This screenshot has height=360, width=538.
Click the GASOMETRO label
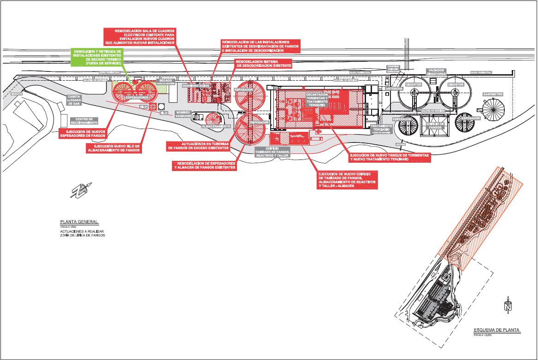[x=493, y=94]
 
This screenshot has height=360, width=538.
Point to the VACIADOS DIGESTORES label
[x=436, y=72]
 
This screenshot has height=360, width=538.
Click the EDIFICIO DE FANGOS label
[x=435, y=125]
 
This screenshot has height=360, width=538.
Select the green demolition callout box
[x=97, y=57]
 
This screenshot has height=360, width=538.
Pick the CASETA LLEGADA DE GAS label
[x=75, y=100]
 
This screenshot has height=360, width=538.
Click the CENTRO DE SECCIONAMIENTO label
[x=84, y=121]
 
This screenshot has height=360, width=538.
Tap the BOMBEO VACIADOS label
[x=183, y=114]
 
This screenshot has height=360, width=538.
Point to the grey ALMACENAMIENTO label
[x=216, y=126]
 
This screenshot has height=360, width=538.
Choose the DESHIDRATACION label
[x=196, y=86]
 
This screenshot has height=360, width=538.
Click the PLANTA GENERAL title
[x=79, y=222]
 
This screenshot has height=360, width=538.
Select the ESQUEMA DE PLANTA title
[x=497, y=330]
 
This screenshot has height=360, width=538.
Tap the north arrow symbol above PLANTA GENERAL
[x=81, y=189]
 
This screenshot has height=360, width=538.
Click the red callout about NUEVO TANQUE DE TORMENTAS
[x=390, y=157]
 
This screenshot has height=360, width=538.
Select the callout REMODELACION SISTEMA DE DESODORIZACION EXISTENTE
[x=263, y=64]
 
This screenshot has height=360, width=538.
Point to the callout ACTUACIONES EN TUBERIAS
[x=198, y=146]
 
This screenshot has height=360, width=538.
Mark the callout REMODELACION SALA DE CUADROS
[x=140, y=36]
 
